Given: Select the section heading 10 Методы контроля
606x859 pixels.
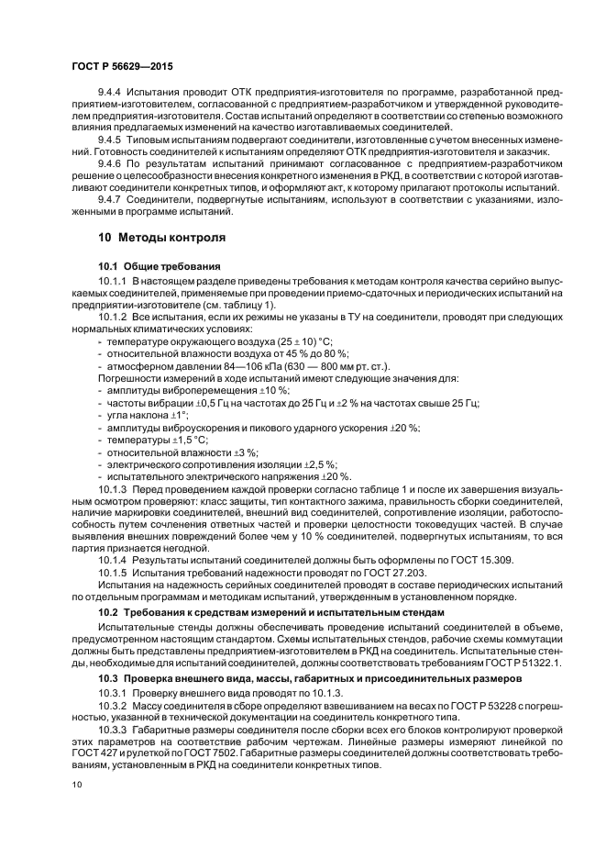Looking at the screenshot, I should pos(161,237).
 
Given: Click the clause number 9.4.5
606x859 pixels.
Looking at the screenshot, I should pos(110,138).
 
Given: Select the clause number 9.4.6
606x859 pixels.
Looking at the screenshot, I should pos(110,163).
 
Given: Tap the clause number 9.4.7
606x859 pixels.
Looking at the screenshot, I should pos(110,200).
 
